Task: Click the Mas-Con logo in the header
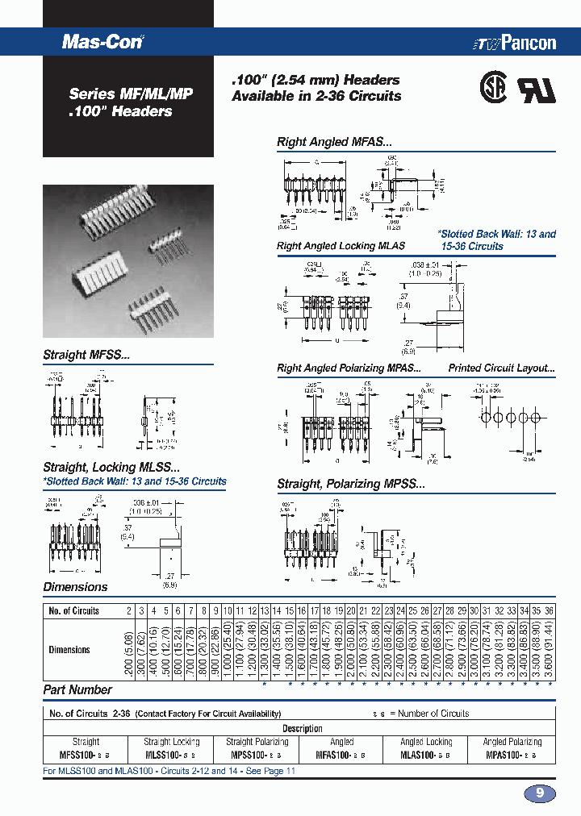[x=102, y=43]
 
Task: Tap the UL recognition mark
[x=537, y=89]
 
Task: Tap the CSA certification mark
[x=495, y=88]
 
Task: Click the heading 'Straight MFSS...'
[x=86, y=355]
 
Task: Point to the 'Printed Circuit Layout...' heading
[x=501, y=368]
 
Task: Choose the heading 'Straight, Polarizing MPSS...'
[x=350, y=484]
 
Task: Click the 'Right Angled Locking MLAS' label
[x=341, y=246]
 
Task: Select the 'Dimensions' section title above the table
[x=75, y=587]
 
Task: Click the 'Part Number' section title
[x=77, y=689]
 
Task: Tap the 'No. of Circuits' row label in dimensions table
[x=73, y=610]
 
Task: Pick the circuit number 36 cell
[x=549, y=610]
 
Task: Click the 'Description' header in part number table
[x=303, y=728]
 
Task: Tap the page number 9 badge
[x=539, y=793]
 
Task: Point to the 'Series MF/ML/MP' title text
[x=130, y=94]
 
